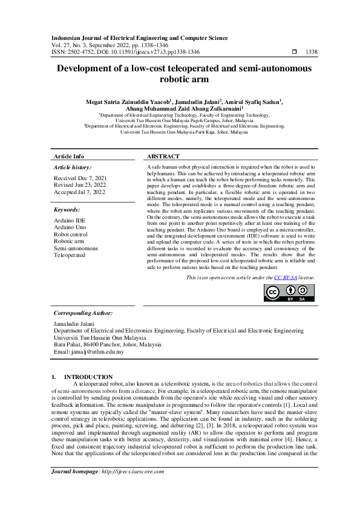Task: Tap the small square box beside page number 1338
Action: pyautogui.click(x=295, y=53)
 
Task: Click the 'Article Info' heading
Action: pyautogui.click(x=69, y=156)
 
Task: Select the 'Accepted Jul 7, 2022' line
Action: pyautogui.click(x=79, y=192)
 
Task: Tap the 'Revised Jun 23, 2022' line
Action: pyautogui.click(x=80, y=185)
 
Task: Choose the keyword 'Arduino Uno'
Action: pyautogui.click(x=70, y=228)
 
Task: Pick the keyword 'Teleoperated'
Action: pyautogui.click(x=70, y=255)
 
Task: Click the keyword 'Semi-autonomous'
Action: pyautogui.click(x=76, y=248)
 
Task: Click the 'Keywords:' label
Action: pyautogui.click(x=68, y=210)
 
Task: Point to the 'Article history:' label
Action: pyautogui.click(x=73, y=166)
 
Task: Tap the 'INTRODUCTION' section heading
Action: pyautogui.click(x=88, y=377)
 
